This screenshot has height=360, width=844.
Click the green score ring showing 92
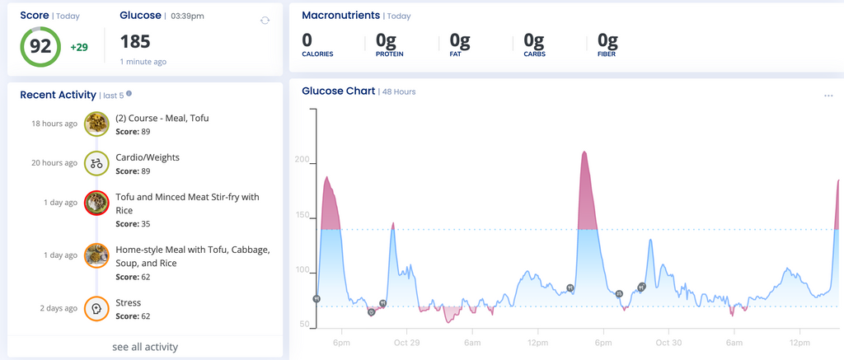click(x=40, y=46)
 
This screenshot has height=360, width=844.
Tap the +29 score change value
click(x=79, y=47)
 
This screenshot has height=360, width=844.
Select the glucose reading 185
click(x=136, y=42)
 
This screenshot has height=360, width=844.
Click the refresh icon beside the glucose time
click(x=265, y=21)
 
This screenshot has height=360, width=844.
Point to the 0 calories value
click(x=307, y=40)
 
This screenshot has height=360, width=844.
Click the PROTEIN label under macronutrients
click(x=391, y=54)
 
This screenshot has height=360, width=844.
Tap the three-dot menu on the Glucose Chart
click(x=828, y=96)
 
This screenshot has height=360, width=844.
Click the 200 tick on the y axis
click(x=302, y=161)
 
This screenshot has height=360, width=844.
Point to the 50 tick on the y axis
click(x=305, y=325)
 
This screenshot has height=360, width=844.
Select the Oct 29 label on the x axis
click(x=407, y=342)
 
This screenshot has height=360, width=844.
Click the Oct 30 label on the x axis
click(x=668, y=342)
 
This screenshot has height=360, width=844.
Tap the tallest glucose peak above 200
click(x=584, y=153)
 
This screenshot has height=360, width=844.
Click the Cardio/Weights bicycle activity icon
click(x=96, y=163)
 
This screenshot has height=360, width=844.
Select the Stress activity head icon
click(x=96, y=308)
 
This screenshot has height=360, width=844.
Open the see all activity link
click(x=145, y=347)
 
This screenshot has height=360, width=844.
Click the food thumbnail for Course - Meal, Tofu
click(x=96, y=124)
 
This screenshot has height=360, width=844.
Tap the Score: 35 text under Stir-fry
click(x=132, y=224)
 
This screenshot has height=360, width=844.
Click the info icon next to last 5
click(x=129, y=94)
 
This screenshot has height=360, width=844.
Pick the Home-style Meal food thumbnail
click(x=96, y=255)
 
